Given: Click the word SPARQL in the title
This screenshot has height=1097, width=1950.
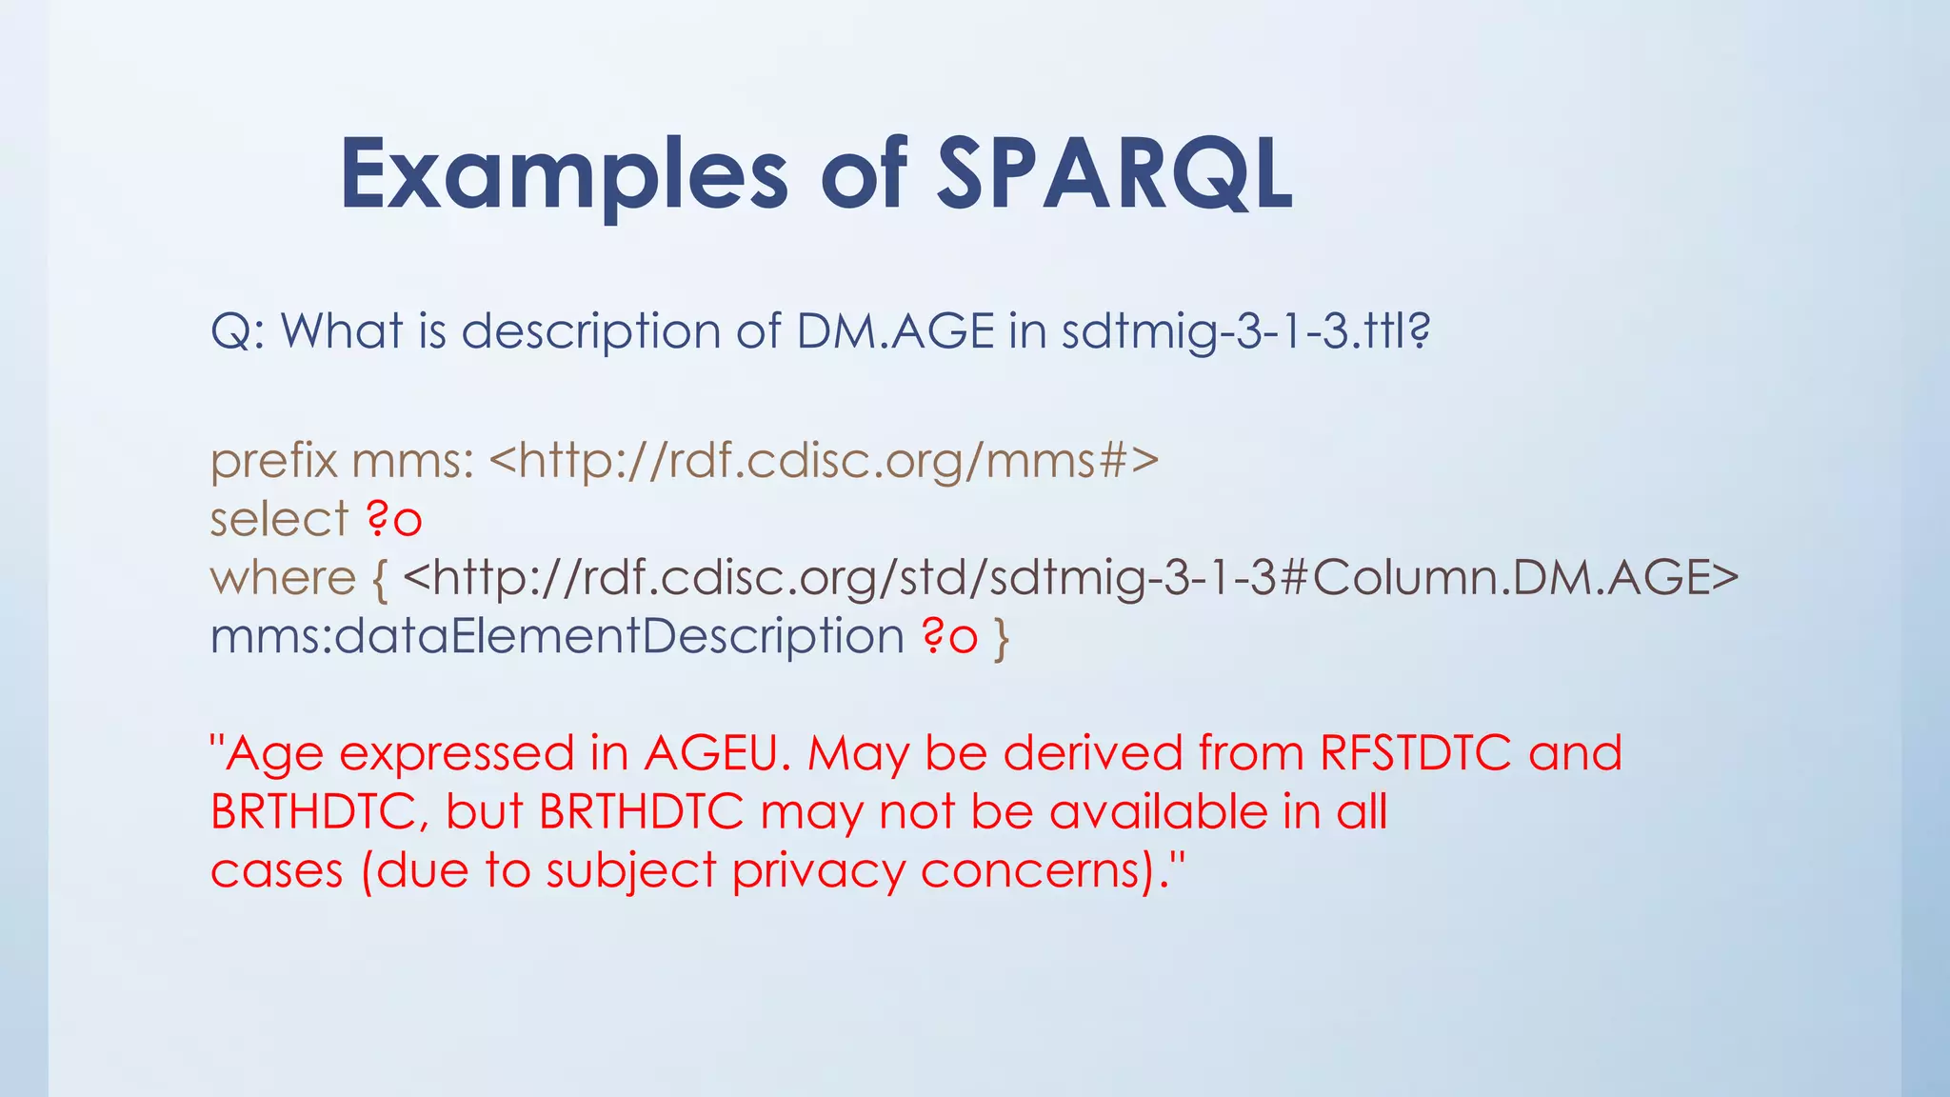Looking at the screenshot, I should point(1114,174).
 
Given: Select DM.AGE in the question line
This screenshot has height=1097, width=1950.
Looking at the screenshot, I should point(895,331).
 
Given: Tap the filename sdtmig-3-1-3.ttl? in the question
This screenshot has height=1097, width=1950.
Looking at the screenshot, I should point(1245,331).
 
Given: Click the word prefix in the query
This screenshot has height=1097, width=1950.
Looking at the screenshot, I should point(273,462).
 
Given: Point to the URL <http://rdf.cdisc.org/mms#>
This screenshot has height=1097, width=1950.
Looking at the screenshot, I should point(824,461).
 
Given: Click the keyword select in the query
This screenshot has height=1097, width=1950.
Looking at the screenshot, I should point(279,520).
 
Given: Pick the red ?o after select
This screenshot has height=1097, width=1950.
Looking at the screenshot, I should point(393,520).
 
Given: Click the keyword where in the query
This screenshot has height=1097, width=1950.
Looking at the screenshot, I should point(283,578).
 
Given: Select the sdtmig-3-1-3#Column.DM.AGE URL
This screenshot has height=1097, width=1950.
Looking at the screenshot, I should point(1070,578).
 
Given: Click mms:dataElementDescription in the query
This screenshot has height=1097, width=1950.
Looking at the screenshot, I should point(557,636).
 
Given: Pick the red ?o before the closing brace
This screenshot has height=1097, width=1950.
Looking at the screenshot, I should point(949,636).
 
